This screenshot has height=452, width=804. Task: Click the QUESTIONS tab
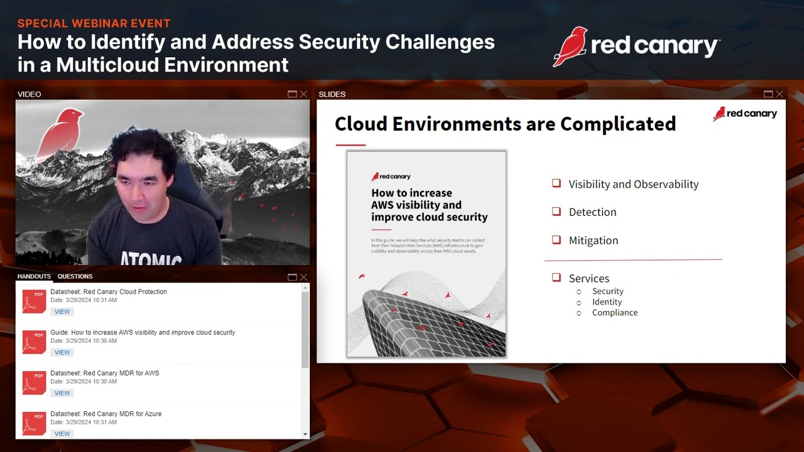pyautogui.click(x=75, y=276)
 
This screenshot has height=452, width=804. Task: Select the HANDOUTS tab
pyautogui.click(x=34, y=276)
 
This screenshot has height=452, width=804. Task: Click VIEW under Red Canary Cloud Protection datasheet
pyautogui.click(x=62, y=311)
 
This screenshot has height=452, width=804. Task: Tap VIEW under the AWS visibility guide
pyautogui.click(x=62, y=352)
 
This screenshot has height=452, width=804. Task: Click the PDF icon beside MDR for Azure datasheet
pyautogui.click(x=34, y=423)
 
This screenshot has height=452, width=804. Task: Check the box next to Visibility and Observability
pyautogui.click(x=556, y=183)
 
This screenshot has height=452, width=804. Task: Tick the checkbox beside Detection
pyautogui.click(x=556, y=212)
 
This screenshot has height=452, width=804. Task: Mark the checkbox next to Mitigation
pyautogui.click(x=556, y=240)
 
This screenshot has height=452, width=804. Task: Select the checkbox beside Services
pyautogui.click(x=556, y=277)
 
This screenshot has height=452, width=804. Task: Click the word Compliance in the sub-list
pyautogui.click(x=614, y=313)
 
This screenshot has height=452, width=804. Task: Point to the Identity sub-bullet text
pyautogui.click(x=607, y=302)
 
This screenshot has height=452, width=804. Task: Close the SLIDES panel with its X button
pyautogui.click(x=780, y=94)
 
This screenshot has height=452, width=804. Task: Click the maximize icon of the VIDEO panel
pyautogui.click(x=292, y=94)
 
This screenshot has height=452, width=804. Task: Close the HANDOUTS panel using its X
pyautogui.click(x=303, y=277)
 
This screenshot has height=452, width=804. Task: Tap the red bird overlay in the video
pyautogui.click(x=60, y=132)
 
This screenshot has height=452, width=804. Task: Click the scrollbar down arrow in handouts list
pyautogui.click(x=305, y=434)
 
